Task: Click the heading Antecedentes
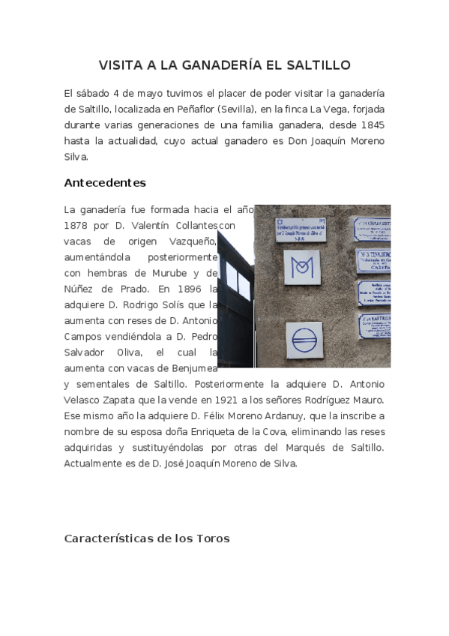[105, 183]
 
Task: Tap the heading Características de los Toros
[147, 538]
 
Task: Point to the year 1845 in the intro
[373, 124]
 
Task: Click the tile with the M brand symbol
[303, 267]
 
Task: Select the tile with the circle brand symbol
[304, 339]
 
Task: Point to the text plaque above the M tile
[300, 230]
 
